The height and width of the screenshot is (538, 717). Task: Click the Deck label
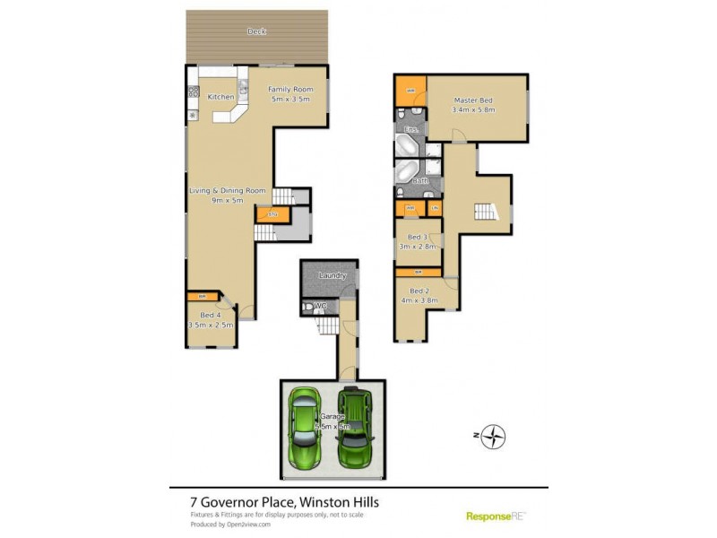coord(257,31)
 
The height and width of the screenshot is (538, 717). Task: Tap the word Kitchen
coord(221,97)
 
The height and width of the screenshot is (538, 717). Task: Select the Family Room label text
coord(291,93)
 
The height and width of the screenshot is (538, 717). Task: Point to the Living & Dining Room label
coord(227,195)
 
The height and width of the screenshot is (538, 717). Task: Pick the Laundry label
coord(333,275)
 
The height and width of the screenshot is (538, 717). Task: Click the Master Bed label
coord(473,104)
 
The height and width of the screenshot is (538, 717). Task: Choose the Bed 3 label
coord(418,241)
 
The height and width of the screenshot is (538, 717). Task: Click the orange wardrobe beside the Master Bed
coord(410,91)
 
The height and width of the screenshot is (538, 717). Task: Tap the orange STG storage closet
coord(266,214)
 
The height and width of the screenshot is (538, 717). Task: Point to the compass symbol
coord(493,437)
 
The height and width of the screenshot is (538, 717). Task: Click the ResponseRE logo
coord(496,516)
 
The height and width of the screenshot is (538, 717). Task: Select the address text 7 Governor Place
coord(232,502)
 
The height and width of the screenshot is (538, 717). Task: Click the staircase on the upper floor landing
coord(485,212)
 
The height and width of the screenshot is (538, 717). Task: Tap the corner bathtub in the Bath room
coord(406,172)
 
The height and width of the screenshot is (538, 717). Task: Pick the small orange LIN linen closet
coord(434,209)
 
